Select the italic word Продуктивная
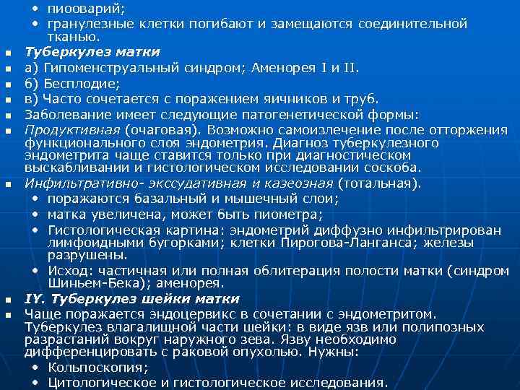(x=72, y=130)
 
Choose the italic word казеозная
(x=298, y=183)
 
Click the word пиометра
(x=290, y=214)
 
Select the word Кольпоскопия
(x=96, y=368)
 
